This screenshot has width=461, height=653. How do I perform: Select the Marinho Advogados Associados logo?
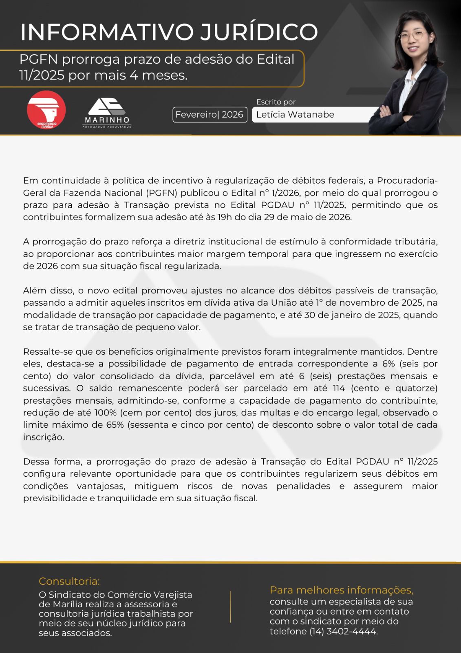pos(107,113)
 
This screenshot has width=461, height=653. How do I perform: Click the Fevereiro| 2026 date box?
pos(210,115)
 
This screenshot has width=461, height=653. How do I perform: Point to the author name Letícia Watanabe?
pos(295,115)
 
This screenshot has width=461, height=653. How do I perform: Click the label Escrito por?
pos(276,102)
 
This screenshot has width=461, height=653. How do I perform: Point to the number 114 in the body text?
pos(338,388)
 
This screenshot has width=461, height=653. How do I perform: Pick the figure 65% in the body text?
pos(115,425)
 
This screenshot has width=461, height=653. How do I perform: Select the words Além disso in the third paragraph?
pos(48,291)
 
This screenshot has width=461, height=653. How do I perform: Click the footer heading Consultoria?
pos(69,581)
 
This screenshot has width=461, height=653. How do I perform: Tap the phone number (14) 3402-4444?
pos(343,631)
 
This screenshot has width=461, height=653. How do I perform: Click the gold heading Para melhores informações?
pos(341,590)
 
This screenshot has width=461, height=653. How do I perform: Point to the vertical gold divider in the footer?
pos(231,606)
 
